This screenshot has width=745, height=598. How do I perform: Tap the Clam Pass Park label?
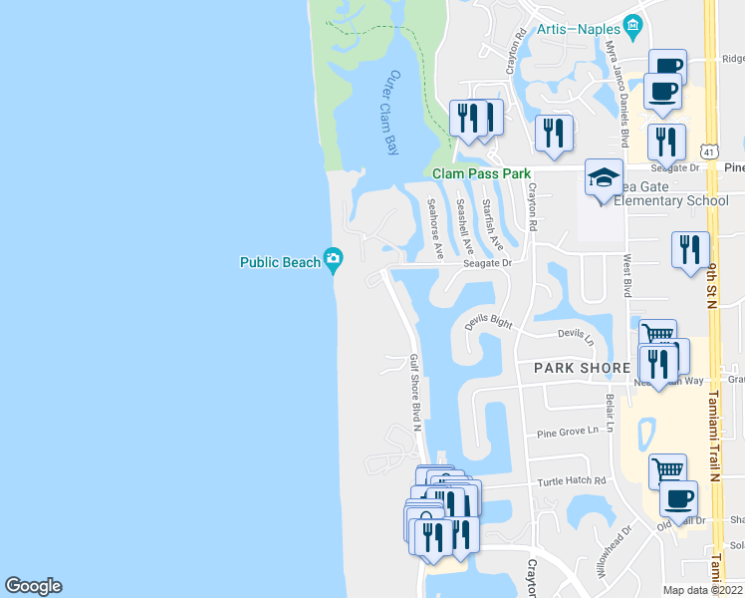482,172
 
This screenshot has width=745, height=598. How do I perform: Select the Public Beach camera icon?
334,260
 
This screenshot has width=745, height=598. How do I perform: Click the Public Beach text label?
280,263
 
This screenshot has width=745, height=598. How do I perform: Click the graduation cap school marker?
603,178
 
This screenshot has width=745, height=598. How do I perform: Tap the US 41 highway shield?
708,149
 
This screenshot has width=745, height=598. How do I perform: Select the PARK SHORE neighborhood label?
583,368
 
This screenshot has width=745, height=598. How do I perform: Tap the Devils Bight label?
489,322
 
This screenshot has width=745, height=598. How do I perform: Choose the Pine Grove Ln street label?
568,432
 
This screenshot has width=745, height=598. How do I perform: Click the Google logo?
33,586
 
